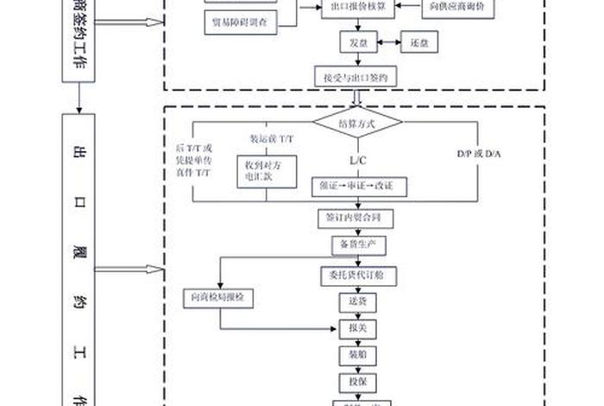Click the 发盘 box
pos(357,42)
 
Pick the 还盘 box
pos(420,42)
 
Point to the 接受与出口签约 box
pos(357,77)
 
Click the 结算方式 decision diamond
pos(357,124)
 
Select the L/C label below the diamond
pos(357,161)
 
